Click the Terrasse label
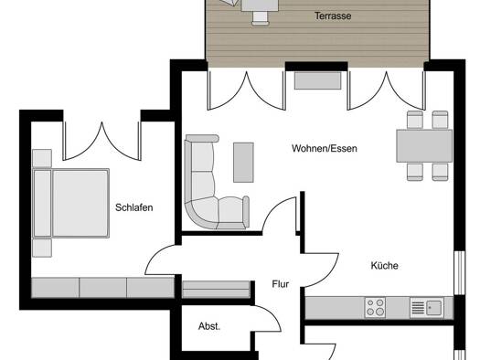[x=333, y=16]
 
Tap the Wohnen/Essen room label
[x=325, y=149]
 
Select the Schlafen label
[x=134, y=207]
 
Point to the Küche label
[x=385, y=266]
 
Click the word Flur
[x=281, y=284]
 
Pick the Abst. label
[x=209, y=326]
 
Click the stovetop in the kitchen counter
[x=375, y=307]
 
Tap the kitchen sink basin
[x=433, y=308]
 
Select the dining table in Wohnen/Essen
[x=424, y=146]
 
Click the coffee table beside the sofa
[x=243, y=163]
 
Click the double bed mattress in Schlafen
[x=80, y=203]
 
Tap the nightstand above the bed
[x=42, y=158]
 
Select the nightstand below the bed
[x=42, y=248]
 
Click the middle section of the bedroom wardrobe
[x=102, y=288]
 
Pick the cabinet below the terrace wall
[x=318, y=80]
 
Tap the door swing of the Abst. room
[x=267, y=316]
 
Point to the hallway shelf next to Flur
[x=216, y=289]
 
